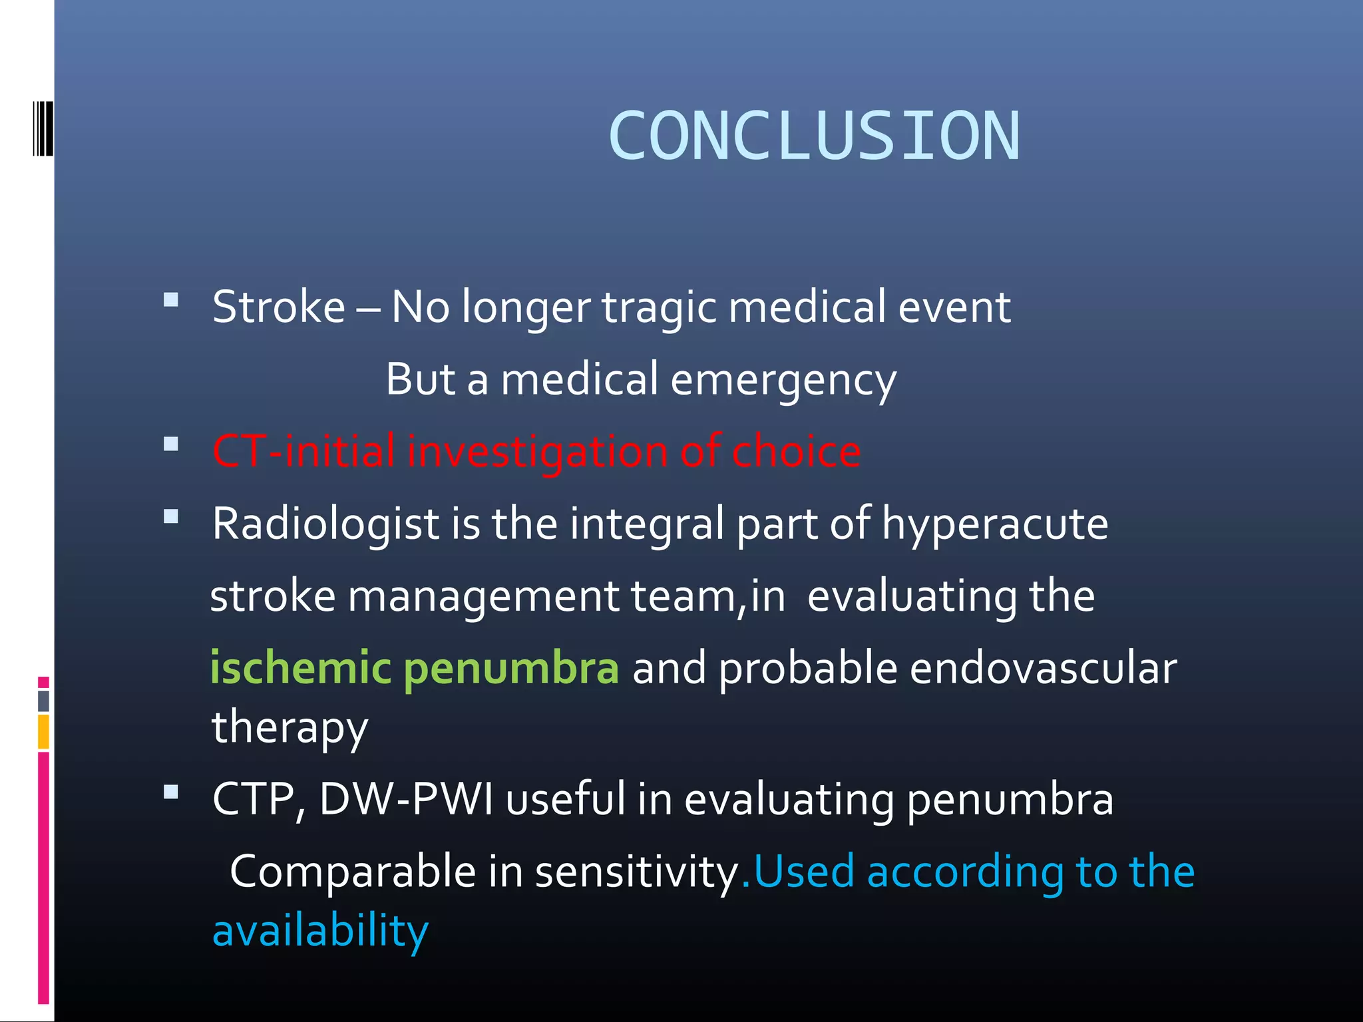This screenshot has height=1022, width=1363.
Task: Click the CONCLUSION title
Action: tap(813, 136)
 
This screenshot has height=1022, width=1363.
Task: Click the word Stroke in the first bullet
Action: tap(278, 307)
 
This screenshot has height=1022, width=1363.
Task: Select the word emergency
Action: tap(783, 381)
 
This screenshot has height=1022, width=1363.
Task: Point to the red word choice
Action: tap(796, 451)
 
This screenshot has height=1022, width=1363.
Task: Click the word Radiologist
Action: tap(325, 524)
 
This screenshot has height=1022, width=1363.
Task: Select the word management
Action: tap(483, 596)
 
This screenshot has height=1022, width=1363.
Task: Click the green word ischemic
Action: tap(300, 668)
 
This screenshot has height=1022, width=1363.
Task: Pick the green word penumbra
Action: tap(511, 669)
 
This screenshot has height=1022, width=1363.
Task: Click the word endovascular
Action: tap(1043, 668)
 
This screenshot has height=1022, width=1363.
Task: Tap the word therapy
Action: tap(290, 728)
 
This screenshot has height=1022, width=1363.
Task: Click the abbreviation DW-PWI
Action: tap(406, 798)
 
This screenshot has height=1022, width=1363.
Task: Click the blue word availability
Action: tap(320, 931)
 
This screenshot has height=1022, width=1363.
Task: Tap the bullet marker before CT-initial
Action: tap(171, 444)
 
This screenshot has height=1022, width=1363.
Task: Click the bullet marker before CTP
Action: tap(171, 792)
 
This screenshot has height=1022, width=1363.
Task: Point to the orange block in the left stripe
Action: tap(43, 732)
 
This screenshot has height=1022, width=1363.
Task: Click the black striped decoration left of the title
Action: tap(43, 128)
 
